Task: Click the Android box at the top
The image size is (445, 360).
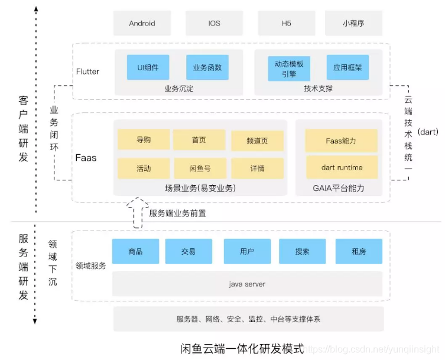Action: click(x=142, y=23)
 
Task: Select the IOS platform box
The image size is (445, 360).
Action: click(x=214, y=23)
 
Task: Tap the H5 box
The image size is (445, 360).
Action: click(x=285, y=23)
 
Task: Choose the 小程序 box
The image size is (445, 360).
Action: click(x=353, y=23)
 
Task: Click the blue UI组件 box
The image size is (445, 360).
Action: click(x=148, y=67)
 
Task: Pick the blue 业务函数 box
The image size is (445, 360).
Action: click(x=207, y=67)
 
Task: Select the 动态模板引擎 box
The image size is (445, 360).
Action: click(x=288, y=68)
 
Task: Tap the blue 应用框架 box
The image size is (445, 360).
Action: click(x=347, y=67)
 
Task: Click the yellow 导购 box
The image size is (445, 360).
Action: click(x=143, y=140)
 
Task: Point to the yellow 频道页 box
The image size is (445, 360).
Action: click(x=257, y=141)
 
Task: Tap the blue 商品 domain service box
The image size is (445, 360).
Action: click(x=135, y=251)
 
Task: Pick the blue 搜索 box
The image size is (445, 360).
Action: click(x=302, y=251)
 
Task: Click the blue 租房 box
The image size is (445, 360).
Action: click(x=358, y=251)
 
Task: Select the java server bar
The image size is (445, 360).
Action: click(x=247, y=284)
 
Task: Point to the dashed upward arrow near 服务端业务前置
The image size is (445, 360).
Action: click(x=137, y=213)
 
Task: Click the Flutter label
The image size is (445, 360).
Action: click(x=87, y=72)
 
